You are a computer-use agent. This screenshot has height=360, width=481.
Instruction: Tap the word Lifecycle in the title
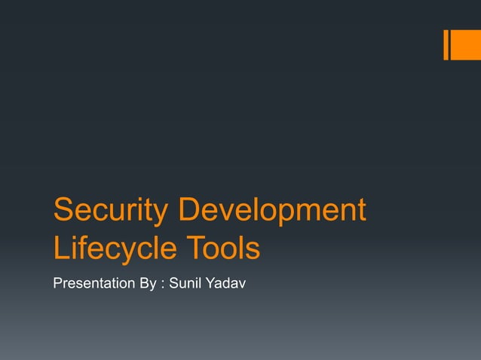[114, 249]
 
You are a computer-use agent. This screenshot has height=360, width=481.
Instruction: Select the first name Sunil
[185, 285]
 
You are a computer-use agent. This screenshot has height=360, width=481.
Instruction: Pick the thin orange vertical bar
[446, 44]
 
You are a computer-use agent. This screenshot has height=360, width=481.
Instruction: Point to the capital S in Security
[63, 211]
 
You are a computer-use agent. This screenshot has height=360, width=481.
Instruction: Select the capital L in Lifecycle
[61, 249]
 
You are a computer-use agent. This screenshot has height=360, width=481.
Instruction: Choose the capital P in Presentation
[57, 285]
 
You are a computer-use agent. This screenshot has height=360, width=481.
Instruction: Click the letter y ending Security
[161, 215]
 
